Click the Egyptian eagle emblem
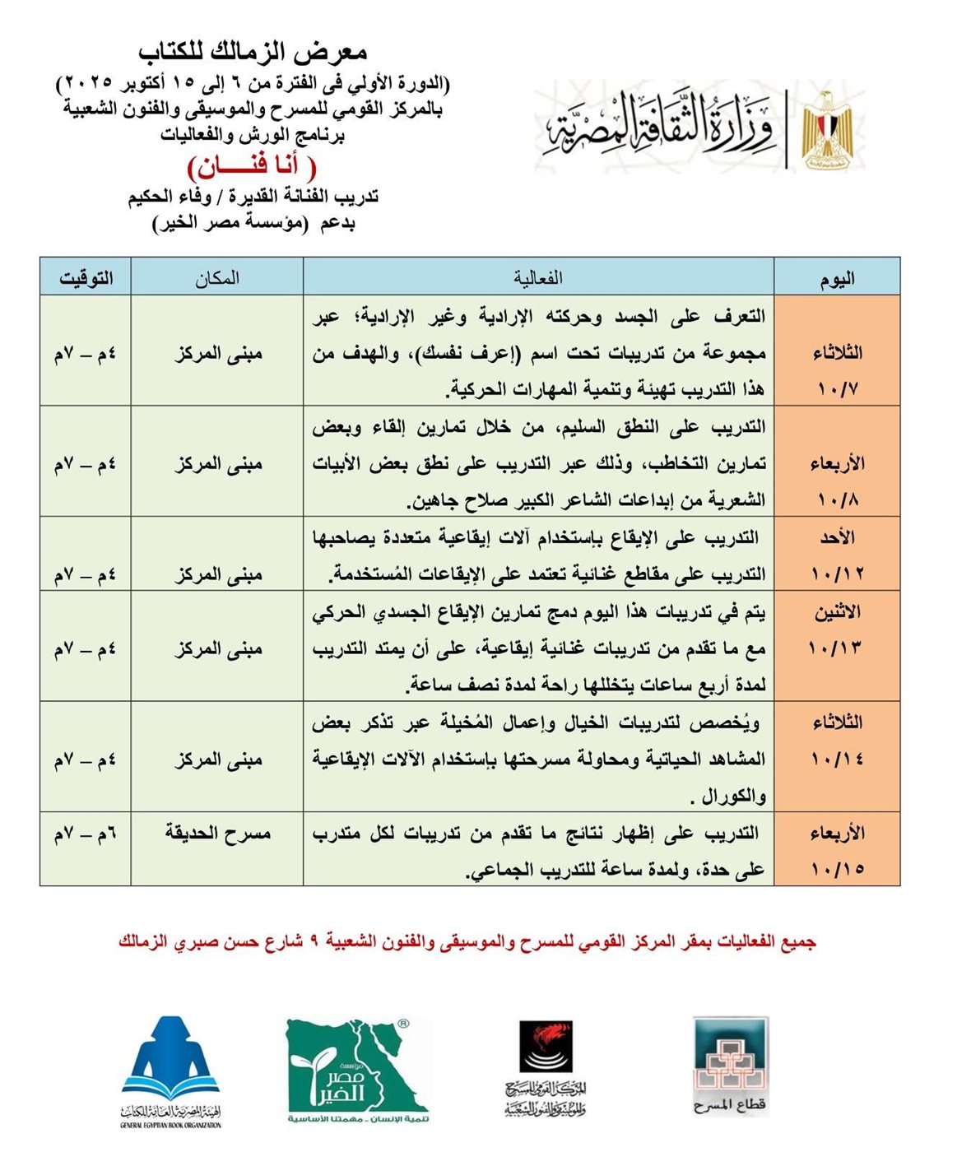tap(827, 127)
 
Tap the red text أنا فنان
tap(253, 166)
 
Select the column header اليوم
tap(837, 277)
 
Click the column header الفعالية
tap(538, 277)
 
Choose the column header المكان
tap(217, 277)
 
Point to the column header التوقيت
tap(86, 277)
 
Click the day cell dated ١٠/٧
tap(837, 370)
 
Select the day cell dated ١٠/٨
tap(837, 481)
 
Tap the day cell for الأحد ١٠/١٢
tap(837, 555)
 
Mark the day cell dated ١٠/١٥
tap(837, 850)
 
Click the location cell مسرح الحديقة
tap(217, 834)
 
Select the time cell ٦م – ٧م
tap(86, 834)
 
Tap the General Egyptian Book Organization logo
tap(171, 1070)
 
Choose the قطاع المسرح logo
tap(730, 1066)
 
